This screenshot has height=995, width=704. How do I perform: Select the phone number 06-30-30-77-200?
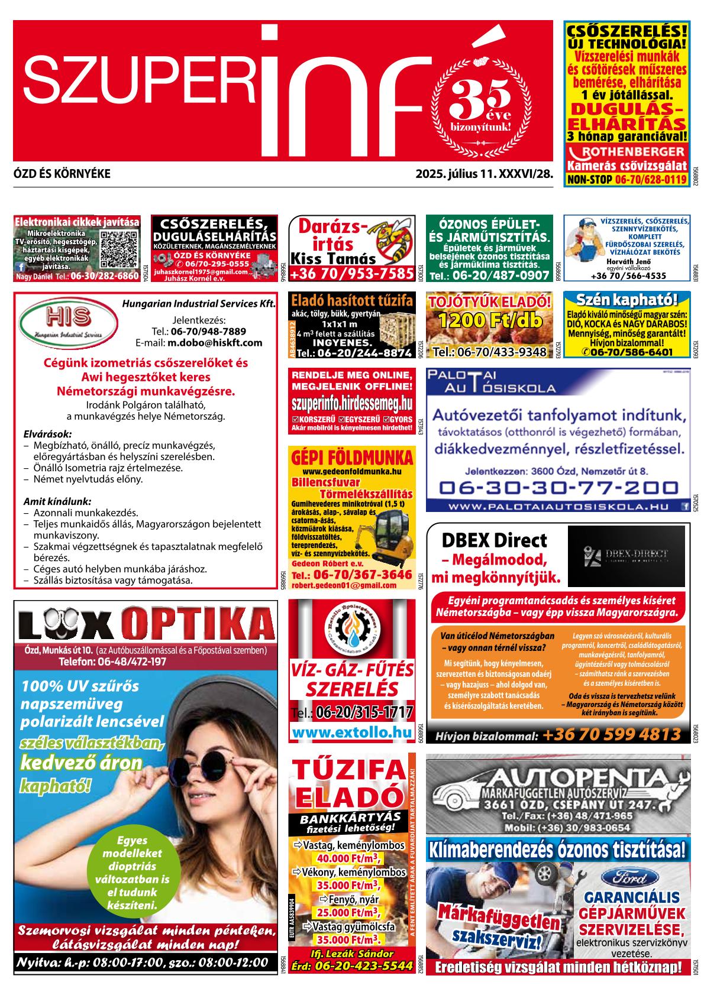[x=558, y=488]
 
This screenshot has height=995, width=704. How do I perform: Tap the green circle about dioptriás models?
[x=132, y=872]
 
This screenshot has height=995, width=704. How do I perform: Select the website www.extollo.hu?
[x=352, y=733]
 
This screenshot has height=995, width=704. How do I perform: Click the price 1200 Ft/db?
[x=490, y=322]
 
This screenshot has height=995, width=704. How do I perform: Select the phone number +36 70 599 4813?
[x=612, y=735]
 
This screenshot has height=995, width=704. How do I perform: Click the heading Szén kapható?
[x=627, y=299]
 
